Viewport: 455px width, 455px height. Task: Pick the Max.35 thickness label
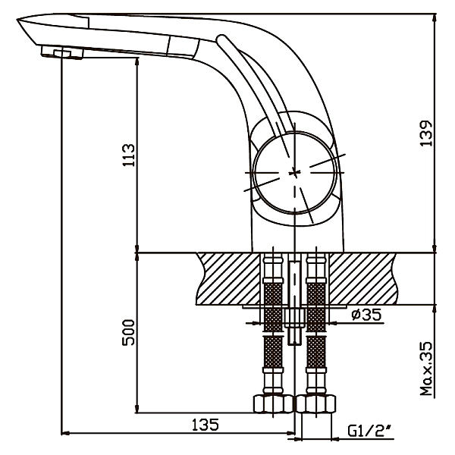pyautogui.click(x=426, y=369)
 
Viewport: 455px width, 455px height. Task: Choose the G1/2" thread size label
pyautogui.click(x=371, y=431)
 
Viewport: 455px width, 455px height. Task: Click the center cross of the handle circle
pyautogui.click(x=295, y=172)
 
